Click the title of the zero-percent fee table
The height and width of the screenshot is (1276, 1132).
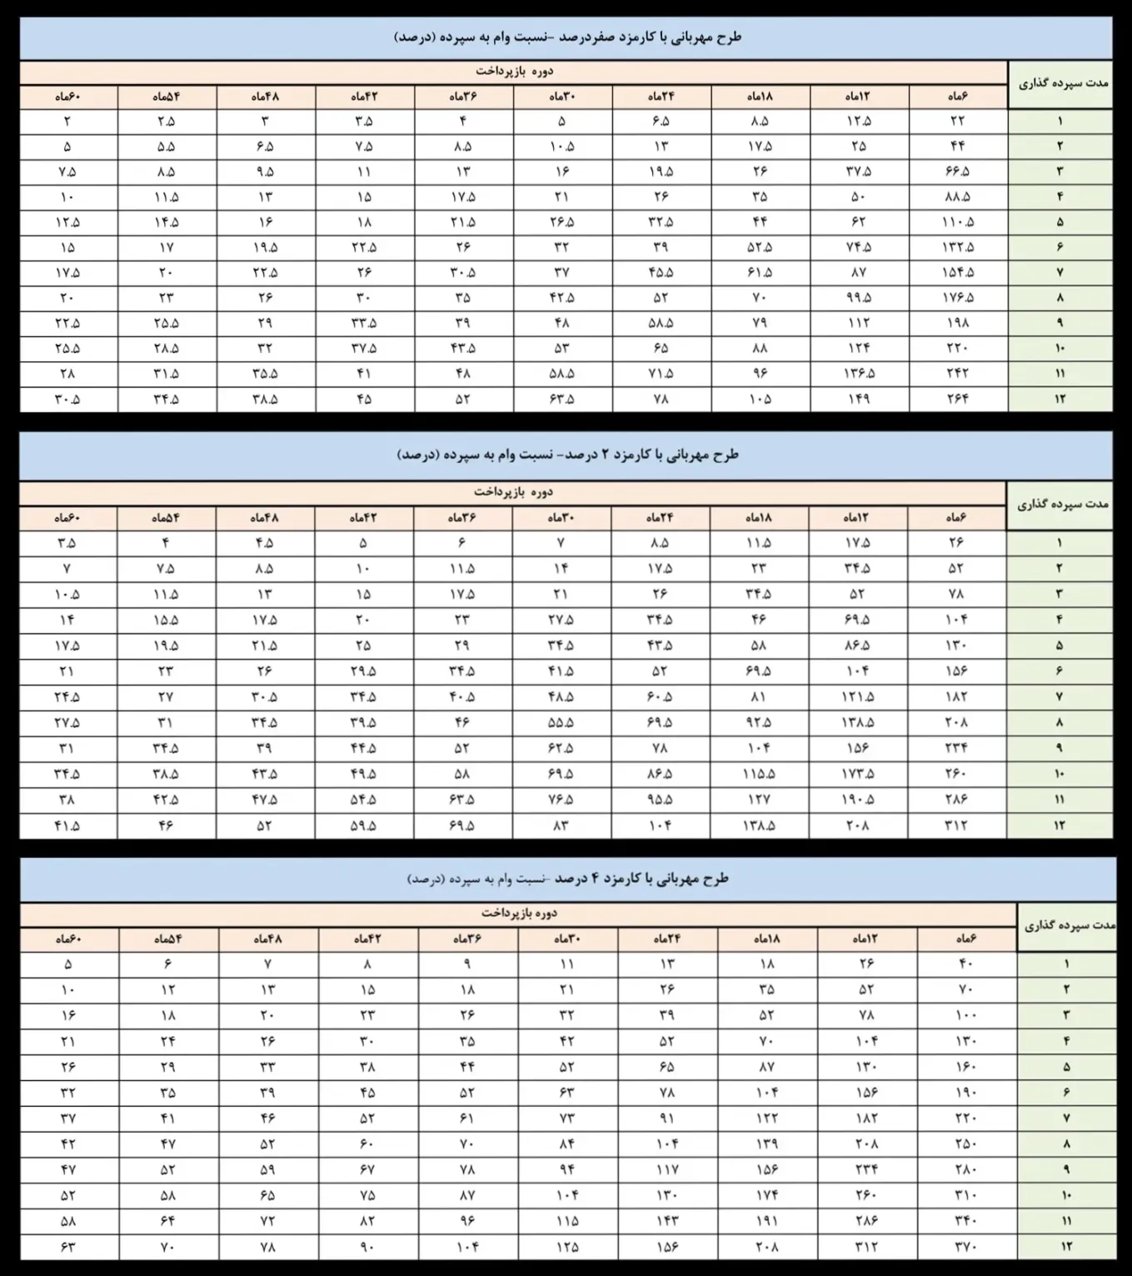point(566,37)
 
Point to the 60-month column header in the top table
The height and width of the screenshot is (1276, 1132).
point(67,97)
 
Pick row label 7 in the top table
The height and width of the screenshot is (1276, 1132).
point(1060,272)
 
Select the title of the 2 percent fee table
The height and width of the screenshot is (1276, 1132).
point(566,455)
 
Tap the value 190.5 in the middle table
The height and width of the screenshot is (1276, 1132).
point(858,800)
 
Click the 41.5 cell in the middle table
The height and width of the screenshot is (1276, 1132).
point(67,825)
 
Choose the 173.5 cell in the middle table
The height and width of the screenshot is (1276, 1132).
point(858,774)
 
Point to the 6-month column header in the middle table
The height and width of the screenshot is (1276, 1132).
point(956,518)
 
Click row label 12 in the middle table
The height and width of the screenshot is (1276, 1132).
point(1060,825)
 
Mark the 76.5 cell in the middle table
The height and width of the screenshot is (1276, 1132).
point(561,800)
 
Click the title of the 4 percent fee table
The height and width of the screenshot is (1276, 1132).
point(566,879)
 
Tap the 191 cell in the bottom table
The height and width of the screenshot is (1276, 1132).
point(767,1221)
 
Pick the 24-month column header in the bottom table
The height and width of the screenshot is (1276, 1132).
point(667,939)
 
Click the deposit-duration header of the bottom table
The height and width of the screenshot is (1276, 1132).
point(1066,925)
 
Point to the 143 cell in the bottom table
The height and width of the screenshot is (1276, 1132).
point(667,1221)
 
